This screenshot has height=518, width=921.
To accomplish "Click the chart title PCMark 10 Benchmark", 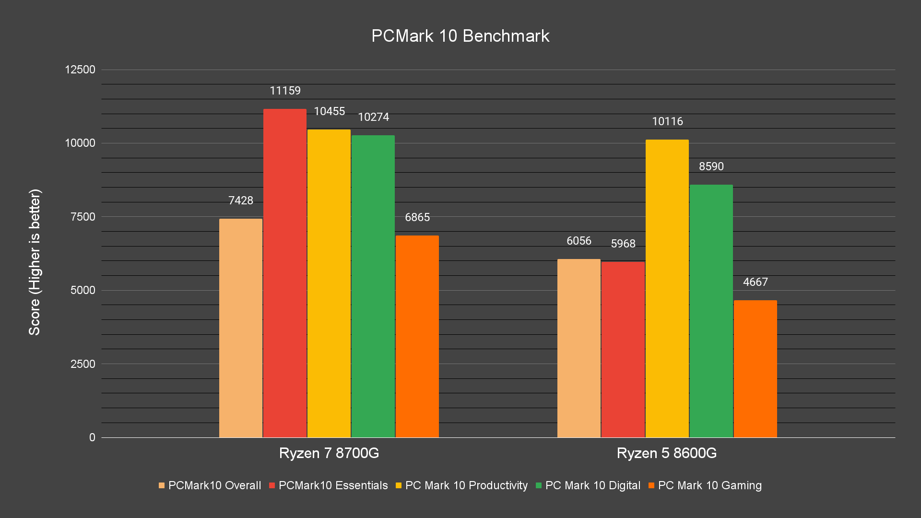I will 460,36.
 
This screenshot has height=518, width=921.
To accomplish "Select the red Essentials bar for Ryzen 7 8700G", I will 284,273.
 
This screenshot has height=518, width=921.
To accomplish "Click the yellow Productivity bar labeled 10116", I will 667,288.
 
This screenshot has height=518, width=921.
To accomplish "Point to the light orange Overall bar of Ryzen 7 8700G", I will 240,328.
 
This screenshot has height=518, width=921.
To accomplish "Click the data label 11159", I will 285,91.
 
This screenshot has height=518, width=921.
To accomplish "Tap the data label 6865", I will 417,217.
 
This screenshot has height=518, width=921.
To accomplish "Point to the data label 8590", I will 711,166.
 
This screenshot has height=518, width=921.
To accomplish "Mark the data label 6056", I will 579,241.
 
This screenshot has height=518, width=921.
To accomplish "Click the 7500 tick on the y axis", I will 83,217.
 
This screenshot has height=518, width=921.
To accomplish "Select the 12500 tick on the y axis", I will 80,70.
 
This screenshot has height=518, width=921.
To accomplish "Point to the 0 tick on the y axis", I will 92,437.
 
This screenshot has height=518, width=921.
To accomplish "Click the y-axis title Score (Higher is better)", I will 35,262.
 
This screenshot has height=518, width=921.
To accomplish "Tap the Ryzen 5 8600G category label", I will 666,453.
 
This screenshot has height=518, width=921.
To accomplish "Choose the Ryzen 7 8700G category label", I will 329,453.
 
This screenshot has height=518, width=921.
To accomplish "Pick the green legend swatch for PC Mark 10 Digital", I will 539,485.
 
